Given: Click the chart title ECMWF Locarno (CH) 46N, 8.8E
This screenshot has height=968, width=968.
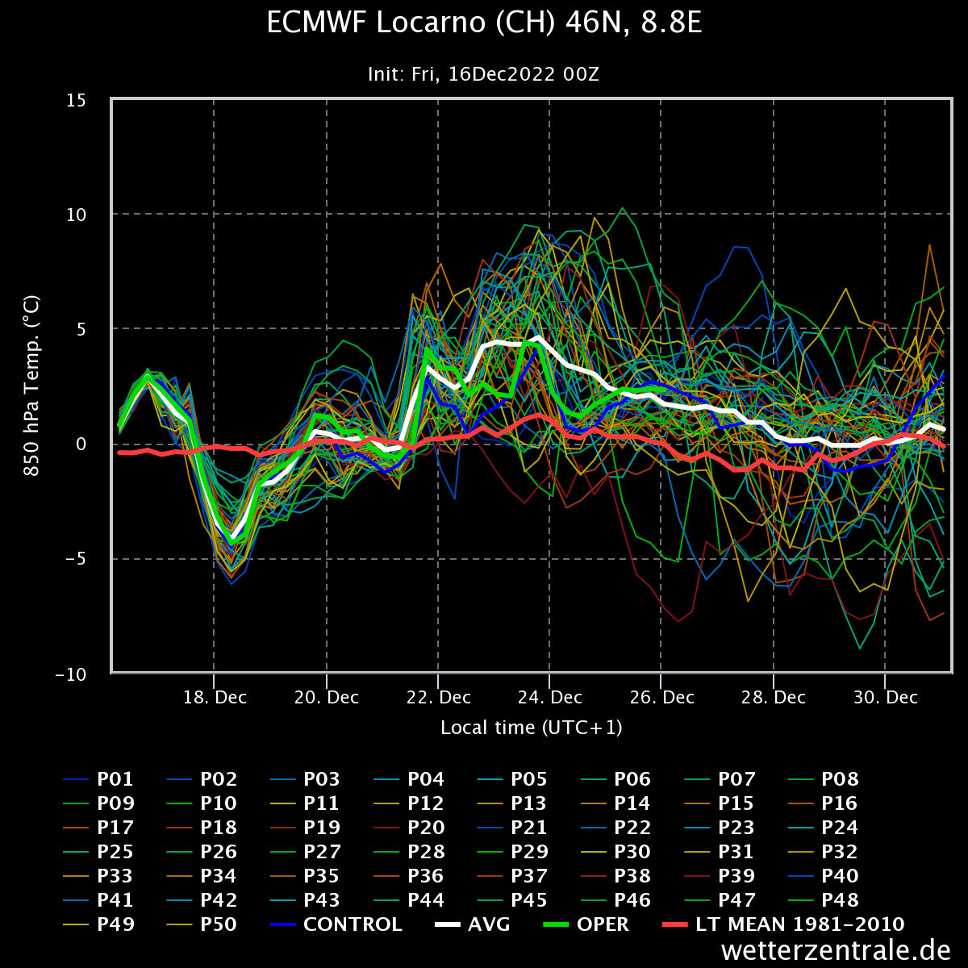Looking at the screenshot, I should coord(484,24).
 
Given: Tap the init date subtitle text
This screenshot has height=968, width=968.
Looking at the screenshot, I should coord(484,74).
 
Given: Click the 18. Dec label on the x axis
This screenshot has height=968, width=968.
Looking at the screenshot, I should coord(215,698).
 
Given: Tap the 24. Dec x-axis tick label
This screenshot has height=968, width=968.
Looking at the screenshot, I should coord(550,698).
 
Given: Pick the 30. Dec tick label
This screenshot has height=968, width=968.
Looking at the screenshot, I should coord(886,698).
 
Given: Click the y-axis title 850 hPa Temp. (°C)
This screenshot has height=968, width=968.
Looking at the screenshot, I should coord(32,386).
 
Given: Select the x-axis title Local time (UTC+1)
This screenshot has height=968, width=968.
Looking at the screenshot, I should coord(532,728).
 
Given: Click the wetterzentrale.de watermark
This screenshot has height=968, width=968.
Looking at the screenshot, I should coord(836,950).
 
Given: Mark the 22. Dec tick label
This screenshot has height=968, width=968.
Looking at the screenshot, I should coord(439,698).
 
